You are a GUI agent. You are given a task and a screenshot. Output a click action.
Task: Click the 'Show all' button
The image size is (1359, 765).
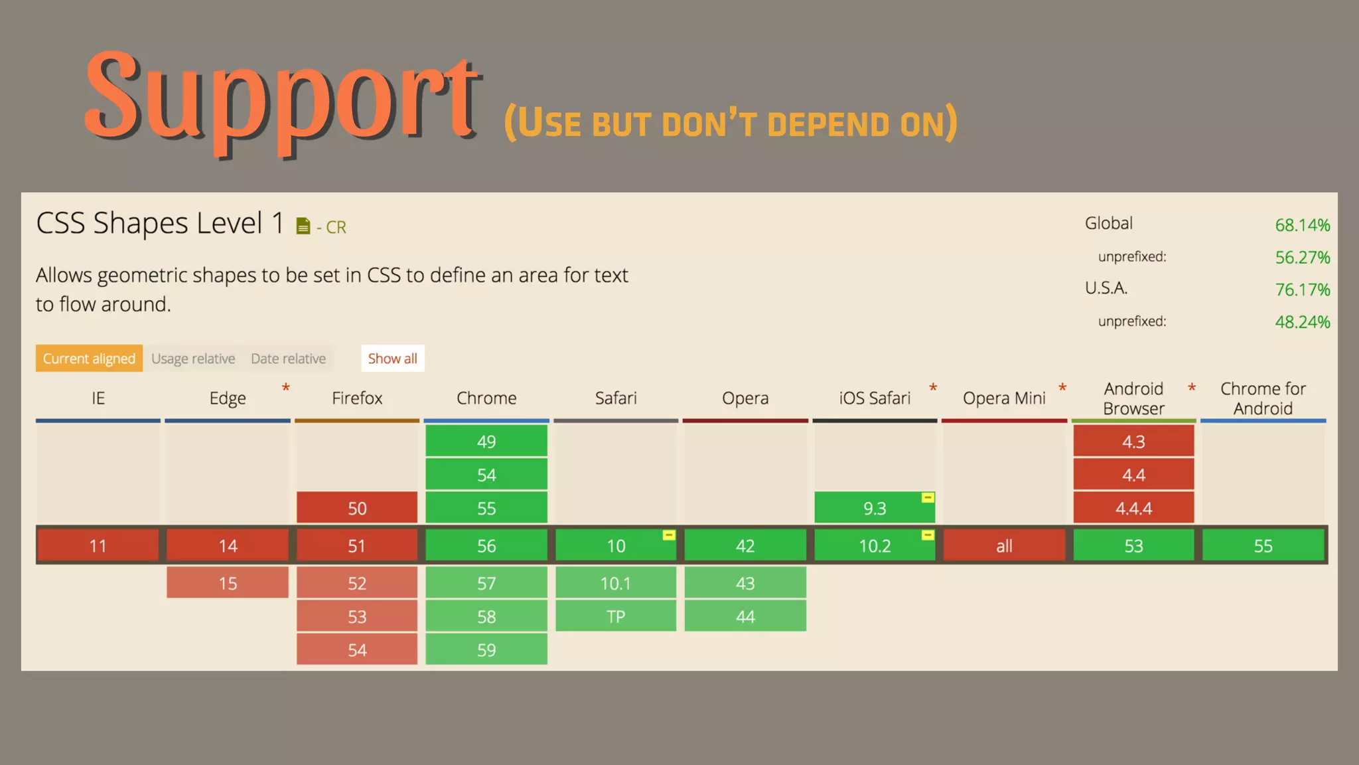[392, 359]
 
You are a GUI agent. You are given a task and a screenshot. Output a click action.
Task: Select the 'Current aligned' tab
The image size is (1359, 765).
[89, 359]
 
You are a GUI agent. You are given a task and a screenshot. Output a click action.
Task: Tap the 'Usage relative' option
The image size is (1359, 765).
[193, 359]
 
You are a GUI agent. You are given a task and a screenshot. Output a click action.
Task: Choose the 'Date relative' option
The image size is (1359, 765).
[288, 359]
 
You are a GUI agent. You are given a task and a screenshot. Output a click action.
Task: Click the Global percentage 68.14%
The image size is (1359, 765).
[1302, 225]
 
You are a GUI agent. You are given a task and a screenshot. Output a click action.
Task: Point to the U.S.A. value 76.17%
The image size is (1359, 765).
[1302, 290]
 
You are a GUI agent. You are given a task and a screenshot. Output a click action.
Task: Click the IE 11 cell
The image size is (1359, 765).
[98, 546]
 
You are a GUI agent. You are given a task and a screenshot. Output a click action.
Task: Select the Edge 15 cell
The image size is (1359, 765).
[228, 583]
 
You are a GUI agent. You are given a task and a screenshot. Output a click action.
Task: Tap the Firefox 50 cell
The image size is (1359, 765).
[357, 508]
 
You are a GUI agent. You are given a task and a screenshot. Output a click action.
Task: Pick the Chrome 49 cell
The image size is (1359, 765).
[486, 442]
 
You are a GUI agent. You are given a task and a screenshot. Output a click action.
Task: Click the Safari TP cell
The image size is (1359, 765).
[616, 616]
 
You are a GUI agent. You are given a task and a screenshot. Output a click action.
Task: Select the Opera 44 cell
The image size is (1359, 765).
[745, 616]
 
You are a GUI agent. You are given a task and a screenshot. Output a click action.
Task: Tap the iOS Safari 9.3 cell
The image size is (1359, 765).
[875, 508]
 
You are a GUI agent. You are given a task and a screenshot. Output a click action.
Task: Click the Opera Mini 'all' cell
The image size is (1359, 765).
[1004, 546]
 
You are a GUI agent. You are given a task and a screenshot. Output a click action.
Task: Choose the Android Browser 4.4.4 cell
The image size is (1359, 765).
[1133, 508]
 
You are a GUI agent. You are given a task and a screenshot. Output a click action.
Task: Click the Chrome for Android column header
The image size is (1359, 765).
[1263, 398]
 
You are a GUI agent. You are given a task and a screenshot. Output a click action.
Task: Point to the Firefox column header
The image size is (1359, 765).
[357, 398]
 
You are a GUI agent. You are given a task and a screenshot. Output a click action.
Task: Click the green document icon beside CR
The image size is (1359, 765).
[303, 226]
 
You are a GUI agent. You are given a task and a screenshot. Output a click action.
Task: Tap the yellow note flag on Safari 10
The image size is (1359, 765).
[669, 535]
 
